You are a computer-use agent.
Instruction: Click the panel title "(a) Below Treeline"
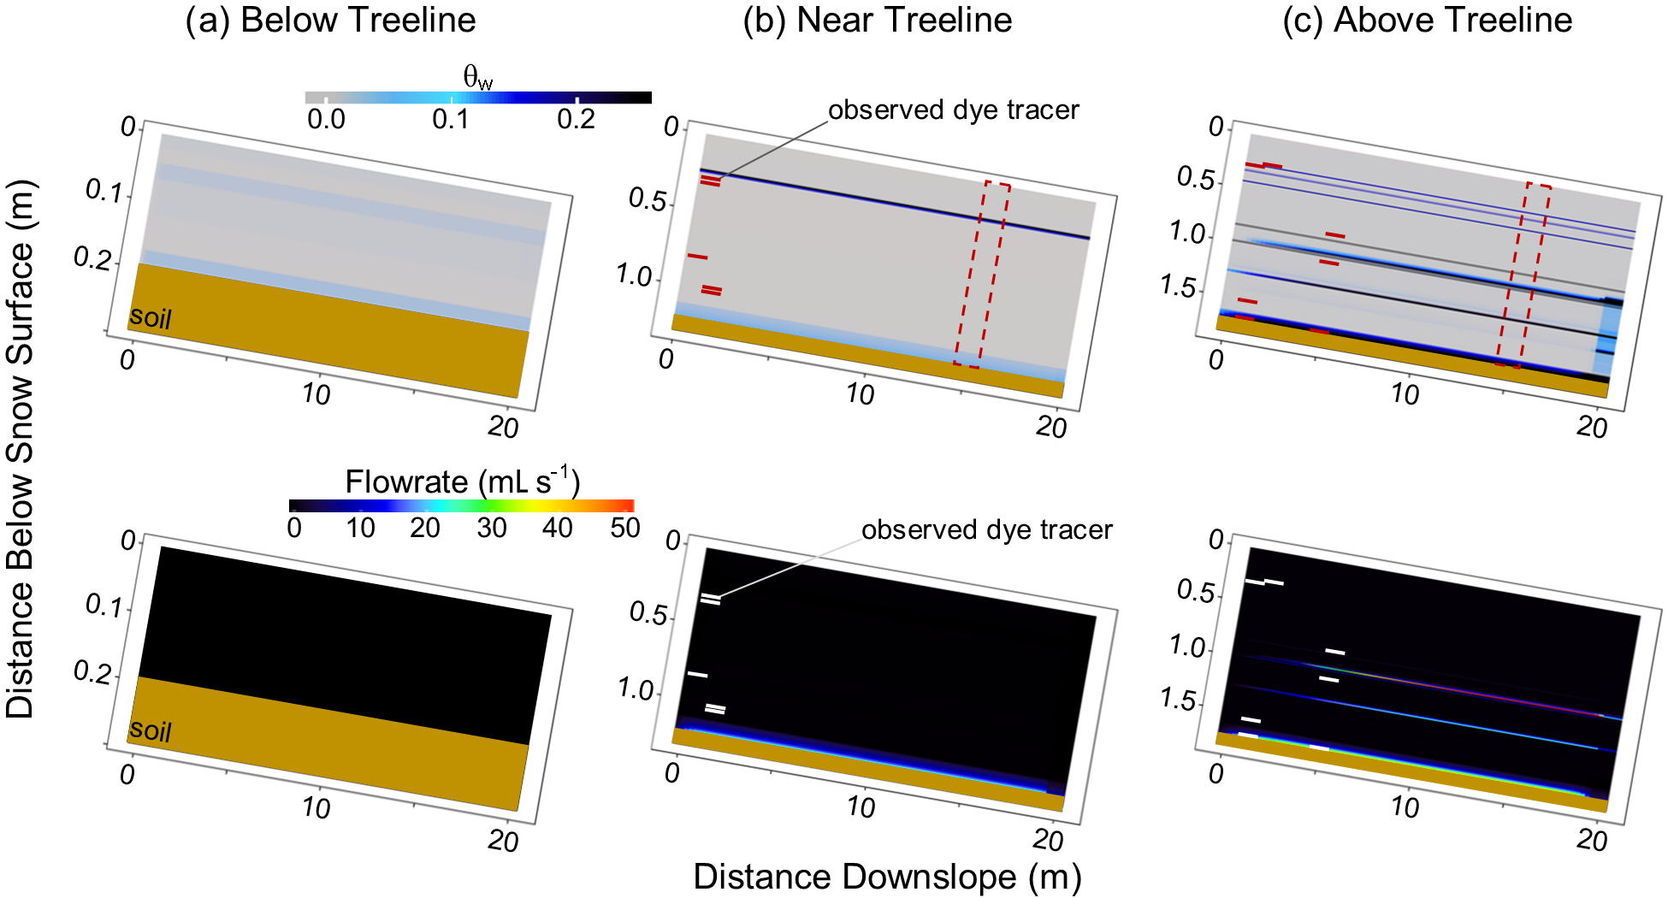click(331, 21)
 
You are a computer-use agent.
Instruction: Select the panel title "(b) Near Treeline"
click(878, 21)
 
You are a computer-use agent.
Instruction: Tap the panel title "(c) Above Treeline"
click(1427, 21)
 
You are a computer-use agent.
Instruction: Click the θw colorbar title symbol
click(477, 78)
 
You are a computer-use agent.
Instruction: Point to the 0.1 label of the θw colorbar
click(451, 119)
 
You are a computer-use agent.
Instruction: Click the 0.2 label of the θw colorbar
click(576, 119)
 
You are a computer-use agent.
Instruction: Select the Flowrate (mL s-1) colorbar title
click(462, 482)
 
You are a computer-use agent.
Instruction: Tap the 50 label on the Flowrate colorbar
click(624, 528)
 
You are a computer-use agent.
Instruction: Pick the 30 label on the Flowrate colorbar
click(492, 528)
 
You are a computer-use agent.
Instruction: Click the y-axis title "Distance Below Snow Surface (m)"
click(21, 449)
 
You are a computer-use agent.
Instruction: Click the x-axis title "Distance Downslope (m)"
click(887, 877)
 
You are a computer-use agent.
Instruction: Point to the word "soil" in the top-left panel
click(151, 318)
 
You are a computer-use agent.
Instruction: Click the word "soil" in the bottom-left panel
click(151, 731)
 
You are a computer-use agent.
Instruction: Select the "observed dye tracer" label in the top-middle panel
click(953, 110)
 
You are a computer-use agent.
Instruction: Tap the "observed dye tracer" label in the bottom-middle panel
click(986, 530)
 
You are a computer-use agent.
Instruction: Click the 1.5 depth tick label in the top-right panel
click(1179, 287)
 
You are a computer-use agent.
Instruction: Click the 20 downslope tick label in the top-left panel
click(504, 427)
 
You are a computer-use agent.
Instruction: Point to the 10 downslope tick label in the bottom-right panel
click(1405, 807)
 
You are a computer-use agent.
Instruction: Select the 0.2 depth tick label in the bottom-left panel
click(92, 672)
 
